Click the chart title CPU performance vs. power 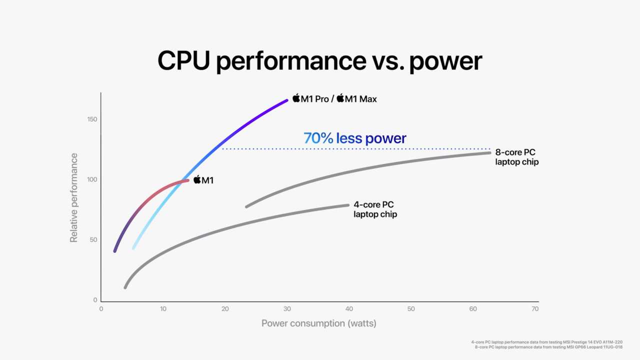pyautogui.click(x=320, y=60)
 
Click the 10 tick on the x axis pyautogui.click(x=163, y=309)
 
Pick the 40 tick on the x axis pyautogui.click(x=349, y=309)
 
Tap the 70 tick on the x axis pyautogui.click(x=535, y=309)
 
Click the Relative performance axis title pyautogui.click(x=74, y=198)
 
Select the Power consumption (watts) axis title pyautogui.click(x=319, y=323)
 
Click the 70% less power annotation pyautogui.click(x=355, y=138)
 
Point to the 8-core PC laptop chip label pyautogui.click(x=516, y=157)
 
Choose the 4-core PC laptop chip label pyautogui.click(x=375, y=209)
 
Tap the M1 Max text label pyautogui.click(x=360, y=99)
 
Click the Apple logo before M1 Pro pyautogui.click(x=296, y=98)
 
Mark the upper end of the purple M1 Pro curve pyautogui.click(x=286, y=100)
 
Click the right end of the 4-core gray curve pyautogui.click(x=347, y=205)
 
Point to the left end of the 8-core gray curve pyautogui.click(x=246, y=206)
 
